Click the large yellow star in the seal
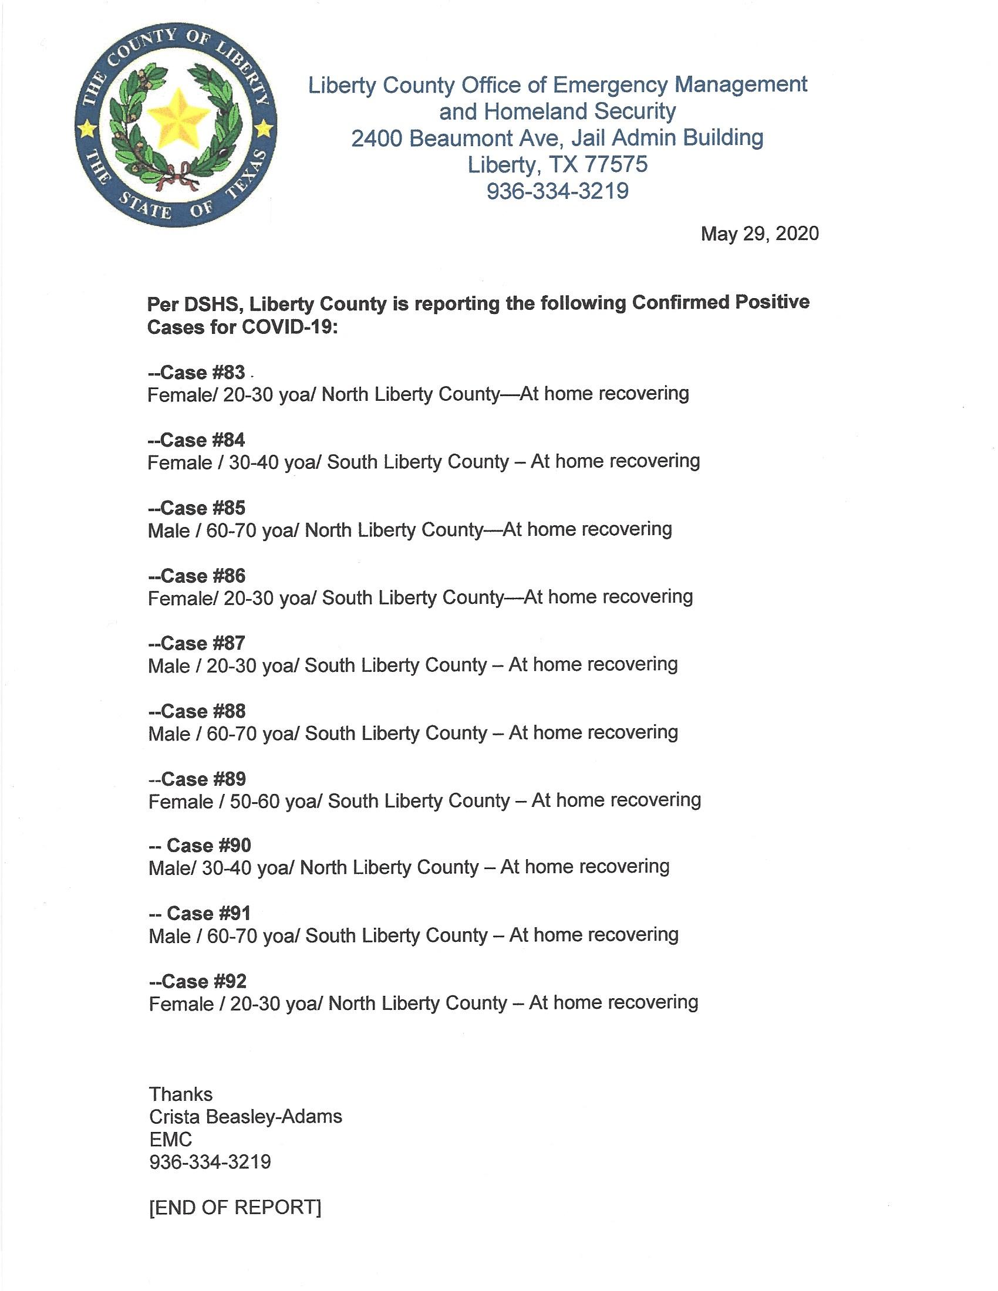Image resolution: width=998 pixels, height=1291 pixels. pos(176,114)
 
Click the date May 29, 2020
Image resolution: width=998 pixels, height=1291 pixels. pos(759,234)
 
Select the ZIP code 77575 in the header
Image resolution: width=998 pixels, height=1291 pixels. pos(616,164)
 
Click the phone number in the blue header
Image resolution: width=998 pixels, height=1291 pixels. pos(557,191)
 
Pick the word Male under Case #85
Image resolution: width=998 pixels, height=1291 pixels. pos(168,530)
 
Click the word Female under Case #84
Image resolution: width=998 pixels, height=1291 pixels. pos(180,462)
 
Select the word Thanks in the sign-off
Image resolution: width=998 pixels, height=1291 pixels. pos(180,1094)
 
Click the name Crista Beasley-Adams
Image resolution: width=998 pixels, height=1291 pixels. pos(245,1117)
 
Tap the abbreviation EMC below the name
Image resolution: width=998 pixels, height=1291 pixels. pos(170,1139)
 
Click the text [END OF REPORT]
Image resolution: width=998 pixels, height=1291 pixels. pos(235,1191)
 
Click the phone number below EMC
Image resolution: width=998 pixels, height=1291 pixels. pos(210,1162)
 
